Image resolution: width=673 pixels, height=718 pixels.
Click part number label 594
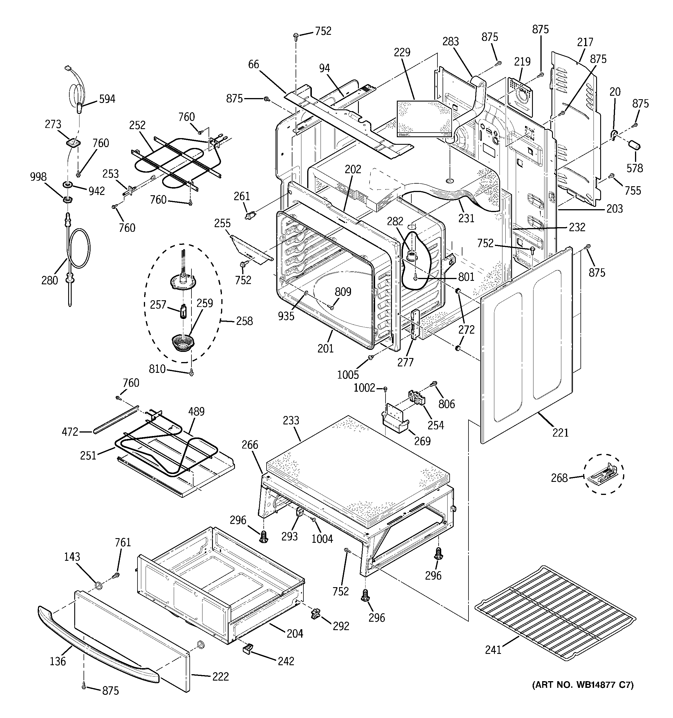[107, 99]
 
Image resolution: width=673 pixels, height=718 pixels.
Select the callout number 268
[559, 478]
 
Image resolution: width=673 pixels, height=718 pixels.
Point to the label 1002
[364, 388]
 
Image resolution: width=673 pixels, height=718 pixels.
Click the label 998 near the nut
[38, 177]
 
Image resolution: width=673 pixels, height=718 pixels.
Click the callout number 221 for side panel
[560, 432]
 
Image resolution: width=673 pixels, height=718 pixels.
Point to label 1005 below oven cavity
[348, 375]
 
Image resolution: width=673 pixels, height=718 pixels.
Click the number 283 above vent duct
[451, 41]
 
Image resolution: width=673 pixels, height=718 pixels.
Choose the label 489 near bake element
[196, 411]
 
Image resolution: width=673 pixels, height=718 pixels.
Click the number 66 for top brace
[254, 64]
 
